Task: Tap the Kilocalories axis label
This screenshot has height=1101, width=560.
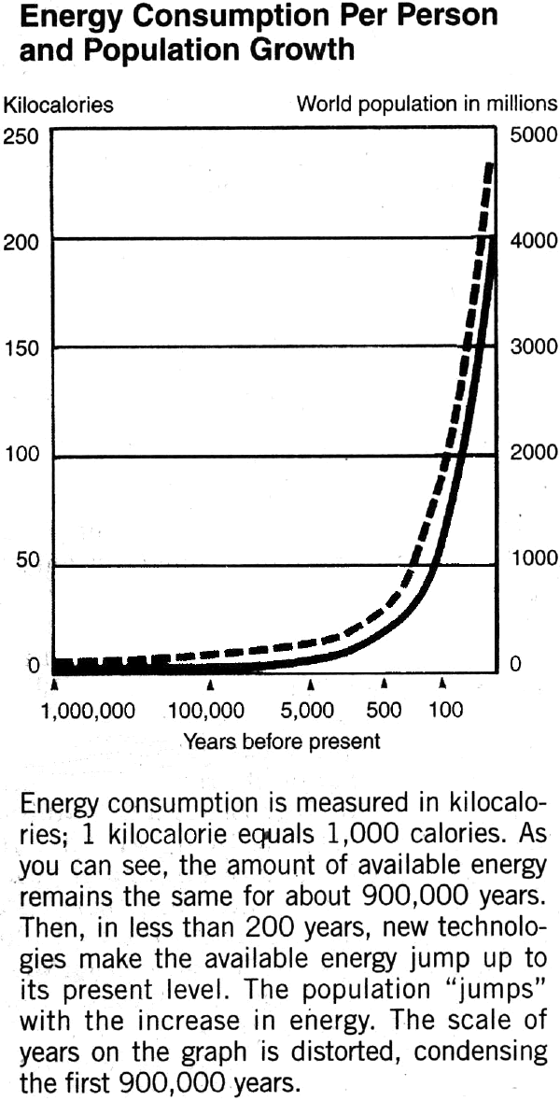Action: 59,105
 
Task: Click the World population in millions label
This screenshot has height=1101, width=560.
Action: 427,104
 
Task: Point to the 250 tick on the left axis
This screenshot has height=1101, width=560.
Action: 21,136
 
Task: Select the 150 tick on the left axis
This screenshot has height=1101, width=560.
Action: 21,348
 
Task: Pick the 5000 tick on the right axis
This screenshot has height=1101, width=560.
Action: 533,135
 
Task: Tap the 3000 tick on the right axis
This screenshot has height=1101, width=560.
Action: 533,348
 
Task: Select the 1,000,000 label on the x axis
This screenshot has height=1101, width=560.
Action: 88,711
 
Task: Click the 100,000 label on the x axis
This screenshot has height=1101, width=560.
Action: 207,711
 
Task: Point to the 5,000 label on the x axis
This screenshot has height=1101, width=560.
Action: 307,711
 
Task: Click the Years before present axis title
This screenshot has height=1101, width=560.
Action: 281,742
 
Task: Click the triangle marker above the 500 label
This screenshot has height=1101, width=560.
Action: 384,685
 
